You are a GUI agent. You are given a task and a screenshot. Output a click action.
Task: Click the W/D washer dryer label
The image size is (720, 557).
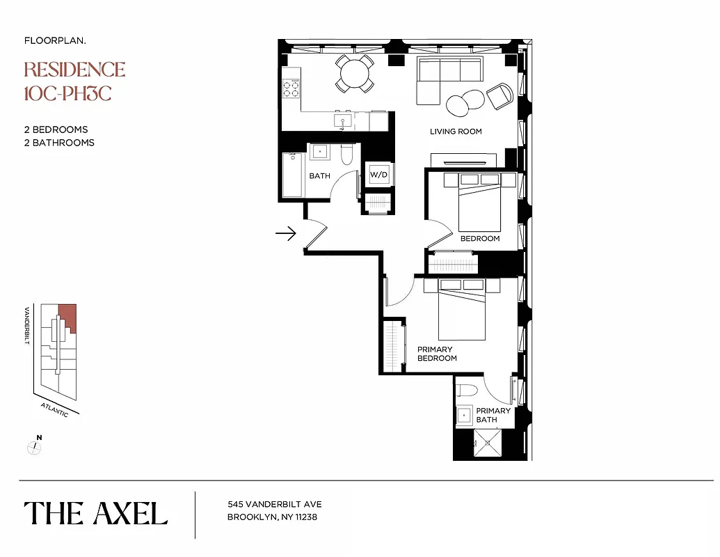tap(378, 174)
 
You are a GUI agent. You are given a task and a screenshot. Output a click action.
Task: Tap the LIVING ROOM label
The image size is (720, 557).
tap(455, 132)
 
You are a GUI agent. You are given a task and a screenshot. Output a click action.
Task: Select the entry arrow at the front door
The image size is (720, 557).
tap(285, 234)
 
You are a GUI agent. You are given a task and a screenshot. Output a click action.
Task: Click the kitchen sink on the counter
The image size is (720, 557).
tap(340, 121)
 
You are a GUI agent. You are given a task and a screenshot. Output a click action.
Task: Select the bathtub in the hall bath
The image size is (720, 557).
tap(292, 175)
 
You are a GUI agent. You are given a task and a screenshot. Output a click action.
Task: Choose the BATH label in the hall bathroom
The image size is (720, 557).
tap(319, 176)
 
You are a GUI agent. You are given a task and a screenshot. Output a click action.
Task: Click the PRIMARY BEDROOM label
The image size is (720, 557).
tap(436, 354)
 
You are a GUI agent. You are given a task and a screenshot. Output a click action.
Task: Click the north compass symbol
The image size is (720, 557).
tap(35, 447)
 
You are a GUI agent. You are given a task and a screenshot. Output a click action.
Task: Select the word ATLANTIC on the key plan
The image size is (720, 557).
tap(54, 409)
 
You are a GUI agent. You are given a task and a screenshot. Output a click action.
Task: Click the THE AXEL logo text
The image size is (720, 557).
tap(96, 514)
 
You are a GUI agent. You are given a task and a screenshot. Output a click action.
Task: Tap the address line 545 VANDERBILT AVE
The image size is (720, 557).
tap(274, 505)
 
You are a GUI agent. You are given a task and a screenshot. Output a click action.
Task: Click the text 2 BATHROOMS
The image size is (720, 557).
tap(59, 143)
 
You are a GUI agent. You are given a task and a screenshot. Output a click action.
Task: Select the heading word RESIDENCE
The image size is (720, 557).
tap(74, 70)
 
